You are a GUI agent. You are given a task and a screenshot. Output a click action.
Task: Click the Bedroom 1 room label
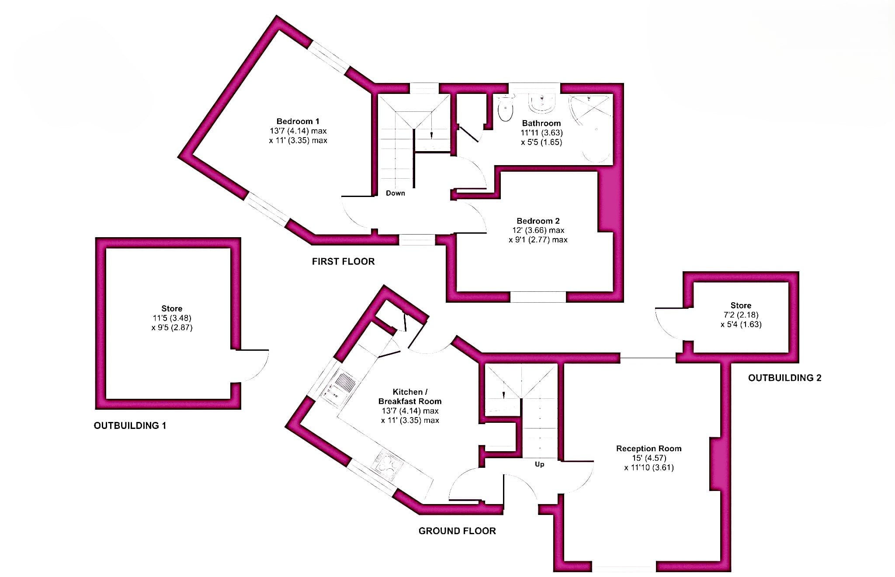coord(298,121)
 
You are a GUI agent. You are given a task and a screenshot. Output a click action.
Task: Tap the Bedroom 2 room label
coord(538,221)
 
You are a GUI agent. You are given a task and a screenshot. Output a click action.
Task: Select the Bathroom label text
coord(541,123)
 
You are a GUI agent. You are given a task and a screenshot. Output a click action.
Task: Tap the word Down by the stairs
coord(395,193)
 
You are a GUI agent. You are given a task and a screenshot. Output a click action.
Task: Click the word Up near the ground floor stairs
coord(540,464)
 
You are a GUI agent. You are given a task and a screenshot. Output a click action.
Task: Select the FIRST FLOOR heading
coord(343,262)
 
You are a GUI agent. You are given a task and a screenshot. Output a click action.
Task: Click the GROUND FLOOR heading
coord(457,531)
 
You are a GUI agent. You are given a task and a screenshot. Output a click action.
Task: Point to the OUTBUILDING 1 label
coord(130,425)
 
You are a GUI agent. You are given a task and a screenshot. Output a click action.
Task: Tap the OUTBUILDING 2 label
coord(785,378)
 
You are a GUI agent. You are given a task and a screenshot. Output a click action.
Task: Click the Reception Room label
coord(649,449)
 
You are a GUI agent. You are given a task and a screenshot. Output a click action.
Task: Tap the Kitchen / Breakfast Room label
coord(410,397)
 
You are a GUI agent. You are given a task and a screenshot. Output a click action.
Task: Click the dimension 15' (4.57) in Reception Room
coord(649,458)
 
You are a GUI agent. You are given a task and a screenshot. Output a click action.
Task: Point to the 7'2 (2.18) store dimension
coord(741,315)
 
